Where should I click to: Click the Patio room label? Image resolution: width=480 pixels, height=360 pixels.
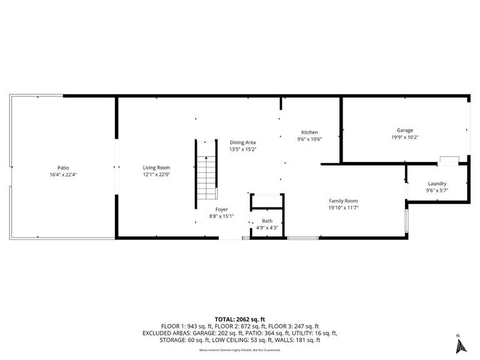pyautogui.click(x=63, y=167)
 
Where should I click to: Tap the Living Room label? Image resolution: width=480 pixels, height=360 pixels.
pyautogui.click(x=156, y=167)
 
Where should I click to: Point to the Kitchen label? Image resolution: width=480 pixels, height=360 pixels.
pyautogui.click(x=310, y=132)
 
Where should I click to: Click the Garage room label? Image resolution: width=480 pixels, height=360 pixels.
pyautogui.click(x=404, y=130)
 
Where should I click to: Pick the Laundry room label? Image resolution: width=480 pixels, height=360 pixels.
pyautogui.click(x=437, y=183)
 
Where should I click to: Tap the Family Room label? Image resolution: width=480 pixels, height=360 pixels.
pyautogui.click(x=343, y=200)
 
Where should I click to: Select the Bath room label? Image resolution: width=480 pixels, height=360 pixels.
pyautogui.click(x=267, y=221)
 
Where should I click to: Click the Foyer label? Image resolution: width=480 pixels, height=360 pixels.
pyautogui.click(x=221, y=209)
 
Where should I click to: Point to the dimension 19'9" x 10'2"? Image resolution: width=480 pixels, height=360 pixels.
pyautogui.click(x=404, y=137)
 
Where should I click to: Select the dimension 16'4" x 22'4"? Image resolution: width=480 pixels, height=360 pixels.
pyautogui.click(x=63, y=174)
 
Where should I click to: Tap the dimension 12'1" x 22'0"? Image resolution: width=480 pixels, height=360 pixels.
pyautogui.click(x=156, y=174)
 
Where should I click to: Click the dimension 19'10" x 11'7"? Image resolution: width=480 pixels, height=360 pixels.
pyautogui.click(x=343, y=207)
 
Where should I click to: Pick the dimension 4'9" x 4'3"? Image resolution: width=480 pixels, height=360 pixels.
pyautogui.click(x=267, y=227)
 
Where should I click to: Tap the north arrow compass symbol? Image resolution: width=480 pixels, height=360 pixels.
pyautogui.click(x=461, y=344)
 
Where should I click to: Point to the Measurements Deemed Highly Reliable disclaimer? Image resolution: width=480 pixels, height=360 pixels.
pyautogui.click(x=240, y=350)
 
